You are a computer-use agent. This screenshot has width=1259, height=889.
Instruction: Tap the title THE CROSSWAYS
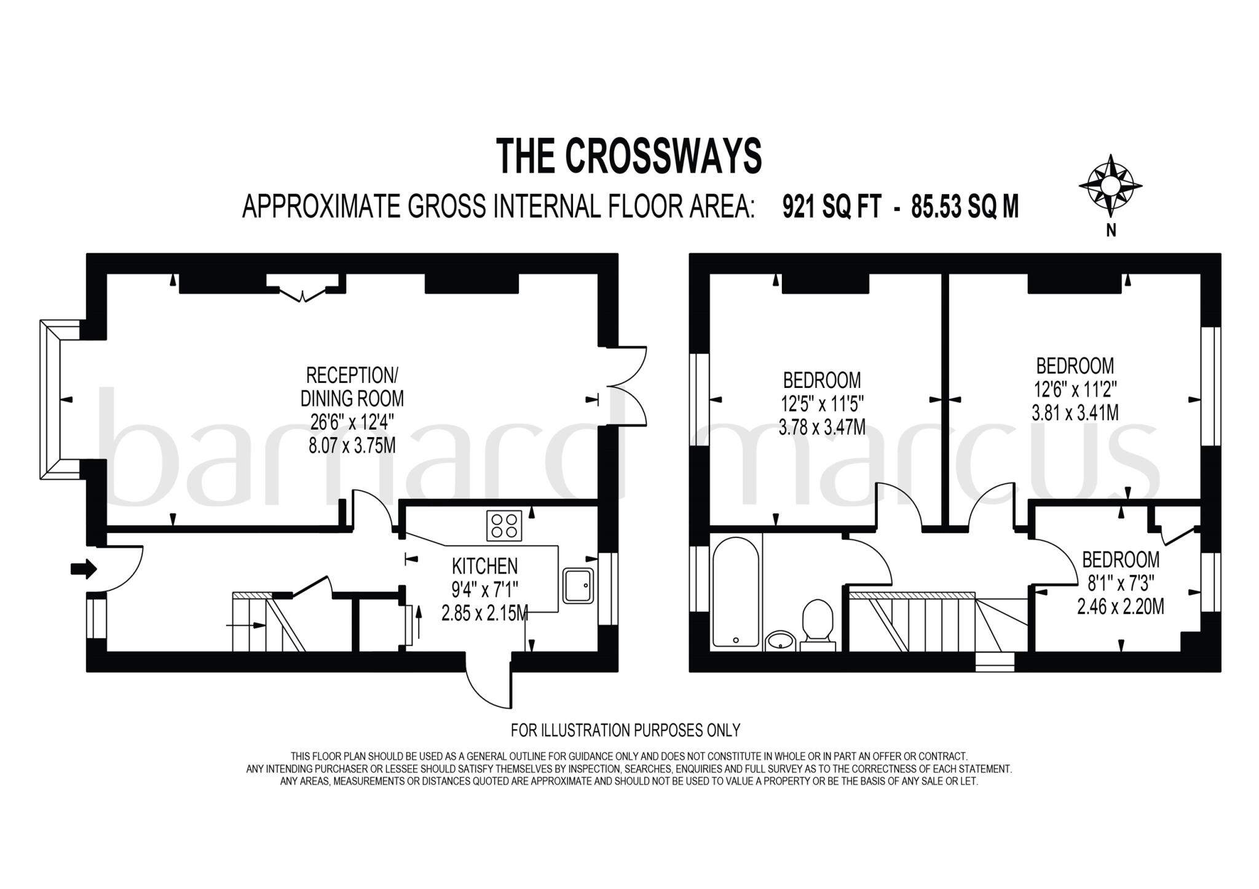(629, 156)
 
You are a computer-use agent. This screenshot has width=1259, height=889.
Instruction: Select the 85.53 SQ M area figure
(965, 207)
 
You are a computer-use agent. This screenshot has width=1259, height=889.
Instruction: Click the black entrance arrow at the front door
(84, 568)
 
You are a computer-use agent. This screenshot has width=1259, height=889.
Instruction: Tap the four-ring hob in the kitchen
(503, 526)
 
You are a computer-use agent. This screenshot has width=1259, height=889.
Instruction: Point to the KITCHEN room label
(484, 566)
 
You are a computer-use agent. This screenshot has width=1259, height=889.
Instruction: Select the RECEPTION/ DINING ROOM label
(352, 387)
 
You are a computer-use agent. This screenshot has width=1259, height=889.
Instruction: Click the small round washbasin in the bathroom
(781, 641)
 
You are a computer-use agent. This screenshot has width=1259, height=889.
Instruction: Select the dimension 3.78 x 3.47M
(822, 427)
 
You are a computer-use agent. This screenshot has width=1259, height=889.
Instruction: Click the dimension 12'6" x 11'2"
(1075, 389)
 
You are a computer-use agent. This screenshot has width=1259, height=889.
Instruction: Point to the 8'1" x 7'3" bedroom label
(1120, 583)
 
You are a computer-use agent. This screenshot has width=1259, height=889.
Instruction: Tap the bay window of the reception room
(50, 399)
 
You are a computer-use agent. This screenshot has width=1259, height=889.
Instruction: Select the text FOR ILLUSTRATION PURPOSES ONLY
(625, 730)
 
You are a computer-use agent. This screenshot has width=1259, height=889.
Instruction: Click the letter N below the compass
(1110, 232)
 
